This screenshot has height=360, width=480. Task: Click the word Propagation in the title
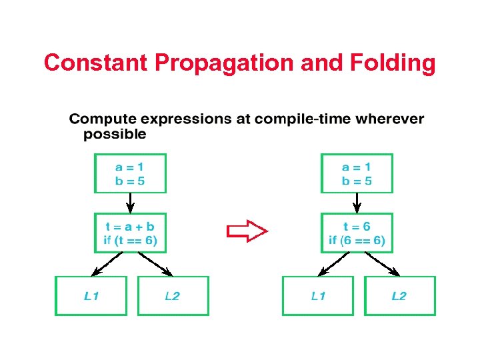pyautogui.click(x=226, y=63)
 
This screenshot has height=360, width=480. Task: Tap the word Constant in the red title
pyautogui.click(x=97, y=63)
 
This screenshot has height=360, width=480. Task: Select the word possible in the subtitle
pyautogui.click(x=115, y=134)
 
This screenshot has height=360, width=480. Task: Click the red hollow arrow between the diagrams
pyautogui.click(x=247, y=231)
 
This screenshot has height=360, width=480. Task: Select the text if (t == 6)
pyautogui.click(x=130, y=239)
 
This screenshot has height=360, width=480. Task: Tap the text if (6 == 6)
pyautogui.click(x=357, y=240)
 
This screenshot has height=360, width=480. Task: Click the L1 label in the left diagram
pyautogui.click(x=92, y=295)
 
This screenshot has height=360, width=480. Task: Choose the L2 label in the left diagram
pyautogui.click(x=172, y=295)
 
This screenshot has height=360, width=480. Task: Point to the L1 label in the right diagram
pyautogui.click(x=319, y=295)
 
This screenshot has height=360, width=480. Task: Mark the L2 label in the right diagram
pyautogui.click(x=399, y=295)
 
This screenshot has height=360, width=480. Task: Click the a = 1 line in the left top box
pyautogui.click(x=130, y=167)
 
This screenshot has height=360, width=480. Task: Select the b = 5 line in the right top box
pyautogui.click(x=357, y=181)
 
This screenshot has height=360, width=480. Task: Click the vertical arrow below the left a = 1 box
pyautogui.click(x=130, y=202)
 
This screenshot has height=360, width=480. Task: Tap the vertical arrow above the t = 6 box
pyautogui.click(x=357, y=202)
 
